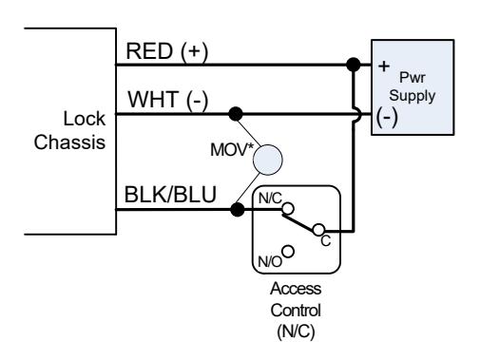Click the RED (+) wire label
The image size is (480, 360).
tap(167, 51)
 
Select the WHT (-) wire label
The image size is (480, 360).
tap(168, 100)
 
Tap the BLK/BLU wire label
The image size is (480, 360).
tap(170, 194)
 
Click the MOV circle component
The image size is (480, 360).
tap(268, 160)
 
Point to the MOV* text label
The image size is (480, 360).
tap(232, 150)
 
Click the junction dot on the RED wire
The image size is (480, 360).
tap(354, 65)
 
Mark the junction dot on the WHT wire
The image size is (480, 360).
tap(236, 114)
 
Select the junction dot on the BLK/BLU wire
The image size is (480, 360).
tap(238, 209)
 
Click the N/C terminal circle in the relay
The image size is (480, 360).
tap(288, 209)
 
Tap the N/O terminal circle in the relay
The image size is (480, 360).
tap(288, 252)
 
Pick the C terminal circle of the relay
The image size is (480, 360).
tap(318, 230)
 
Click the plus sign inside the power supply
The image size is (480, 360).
tap(384, 66)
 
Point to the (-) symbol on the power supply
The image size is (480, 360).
tap(387, 117)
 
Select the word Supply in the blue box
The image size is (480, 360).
tap(413, 96)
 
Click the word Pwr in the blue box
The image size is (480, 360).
tap(412, 77)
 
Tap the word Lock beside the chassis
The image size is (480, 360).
tap(85, 119)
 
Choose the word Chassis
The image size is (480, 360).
tap(69, 142)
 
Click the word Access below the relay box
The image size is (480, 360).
tap(296, 289)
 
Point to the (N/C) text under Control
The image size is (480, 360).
tap(296, 332)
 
